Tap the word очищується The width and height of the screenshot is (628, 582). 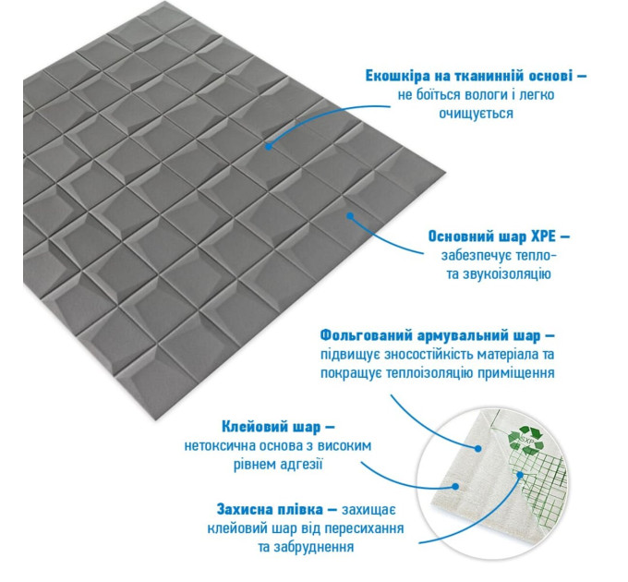tap(476, 114)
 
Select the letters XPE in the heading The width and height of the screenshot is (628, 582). tap(543, 236)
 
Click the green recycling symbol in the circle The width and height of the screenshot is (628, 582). tap(525, 439)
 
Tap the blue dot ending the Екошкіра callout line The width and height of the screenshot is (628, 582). tap(269, 147)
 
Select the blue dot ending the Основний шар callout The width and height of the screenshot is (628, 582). tap(350, 216)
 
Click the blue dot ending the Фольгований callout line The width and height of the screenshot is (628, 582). tap(477, 449)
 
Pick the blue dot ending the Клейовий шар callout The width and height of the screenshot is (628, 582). tap(455, 487)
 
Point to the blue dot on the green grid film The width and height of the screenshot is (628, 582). tap(520, 475)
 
